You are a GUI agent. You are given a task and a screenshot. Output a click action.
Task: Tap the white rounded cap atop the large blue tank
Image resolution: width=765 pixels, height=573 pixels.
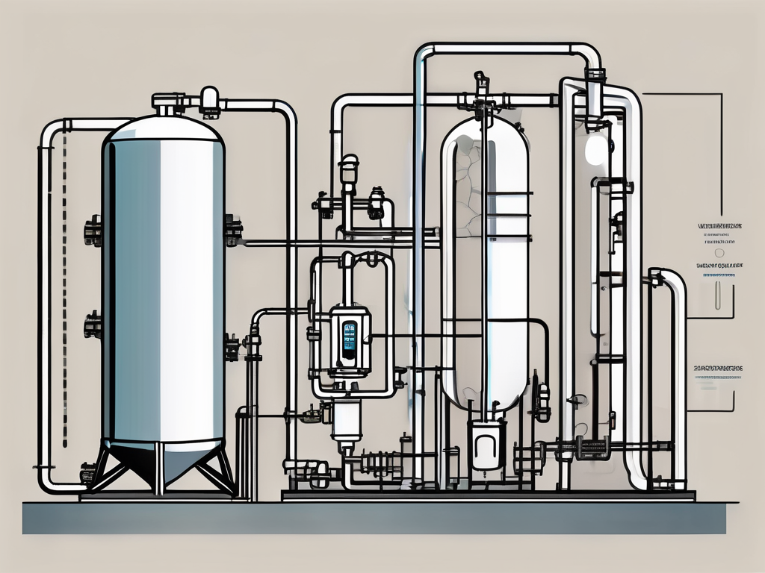[x=210, y=96]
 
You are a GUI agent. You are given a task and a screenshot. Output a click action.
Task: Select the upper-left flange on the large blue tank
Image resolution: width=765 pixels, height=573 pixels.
[x=93, y=230]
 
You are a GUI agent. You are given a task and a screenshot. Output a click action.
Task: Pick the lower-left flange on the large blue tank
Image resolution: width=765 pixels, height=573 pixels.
[x=93, y=325]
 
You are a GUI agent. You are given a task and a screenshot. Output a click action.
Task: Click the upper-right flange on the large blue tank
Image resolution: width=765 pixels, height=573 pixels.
[x=232, y=230]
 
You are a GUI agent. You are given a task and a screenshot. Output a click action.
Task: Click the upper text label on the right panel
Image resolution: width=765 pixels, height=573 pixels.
[x=718, y=225]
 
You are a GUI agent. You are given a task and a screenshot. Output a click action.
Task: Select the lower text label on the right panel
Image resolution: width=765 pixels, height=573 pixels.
[x=718, y=368]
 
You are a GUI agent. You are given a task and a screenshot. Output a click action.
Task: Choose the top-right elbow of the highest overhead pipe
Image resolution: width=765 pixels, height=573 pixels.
[x=589, y=53]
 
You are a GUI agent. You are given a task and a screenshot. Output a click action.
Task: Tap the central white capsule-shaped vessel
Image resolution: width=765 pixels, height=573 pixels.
[x=486, y=261]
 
